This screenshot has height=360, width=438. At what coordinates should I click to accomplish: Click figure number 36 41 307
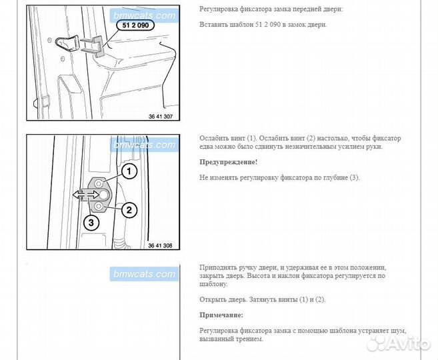coord(160,117)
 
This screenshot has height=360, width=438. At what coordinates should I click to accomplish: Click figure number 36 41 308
coord(160,245)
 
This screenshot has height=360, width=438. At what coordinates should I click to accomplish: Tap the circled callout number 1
coord(128,171)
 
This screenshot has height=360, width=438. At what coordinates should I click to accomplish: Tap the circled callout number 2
coord(129,210)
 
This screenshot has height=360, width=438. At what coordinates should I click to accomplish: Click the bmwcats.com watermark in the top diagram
coord(143,15)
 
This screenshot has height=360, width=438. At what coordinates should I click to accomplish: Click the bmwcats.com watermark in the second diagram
coord(143,145)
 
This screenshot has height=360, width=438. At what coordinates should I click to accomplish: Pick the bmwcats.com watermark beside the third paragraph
coord(143,274)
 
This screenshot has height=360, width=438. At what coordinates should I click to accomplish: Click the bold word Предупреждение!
coord(228,162)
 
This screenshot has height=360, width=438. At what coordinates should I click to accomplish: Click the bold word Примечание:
coord(221,315)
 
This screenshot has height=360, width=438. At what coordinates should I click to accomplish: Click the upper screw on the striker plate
coord(99,183)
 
